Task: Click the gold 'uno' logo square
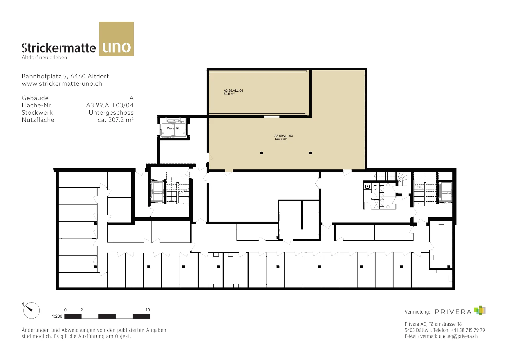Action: click(x=116, y=39)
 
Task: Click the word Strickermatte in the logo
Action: click(x=59, y=48)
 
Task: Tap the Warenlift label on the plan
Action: click(x=173, y=128)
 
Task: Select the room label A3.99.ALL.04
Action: click(x=233, y=91)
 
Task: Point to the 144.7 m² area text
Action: click(x=281, y=139)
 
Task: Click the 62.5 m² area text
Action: click(x=229, y=94)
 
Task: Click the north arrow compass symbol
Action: click(x=31, y=311)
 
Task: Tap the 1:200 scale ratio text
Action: click(x=57, y=316)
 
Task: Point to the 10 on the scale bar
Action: click(x=147, y=310)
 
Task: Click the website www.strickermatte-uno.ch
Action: click(x=62, y=84)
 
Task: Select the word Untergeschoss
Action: click(x=111, y=113)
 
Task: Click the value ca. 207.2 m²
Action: click(x=115, y=120)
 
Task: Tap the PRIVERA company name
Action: click(x=453, y=312)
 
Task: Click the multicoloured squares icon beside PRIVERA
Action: click(x=480, y=310)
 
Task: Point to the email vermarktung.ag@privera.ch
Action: click(x=449, y=336)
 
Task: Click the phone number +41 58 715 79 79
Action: click(x=468, y=330)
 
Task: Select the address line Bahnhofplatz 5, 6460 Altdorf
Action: click(x=65, y=76)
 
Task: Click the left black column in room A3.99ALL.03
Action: click(x=261, y=153)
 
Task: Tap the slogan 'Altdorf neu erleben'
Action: click(x=44, y=57)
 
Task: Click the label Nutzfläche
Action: click(x=38, y=120)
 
